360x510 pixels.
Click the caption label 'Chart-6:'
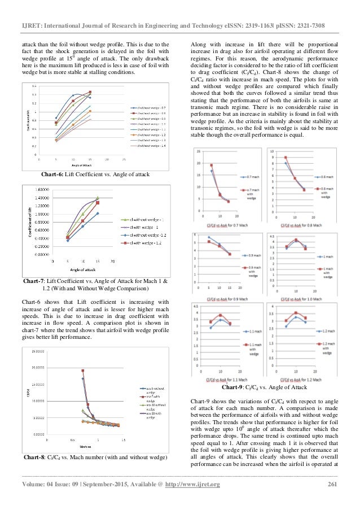47,175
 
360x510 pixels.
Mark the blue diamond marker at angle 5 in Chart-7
68,240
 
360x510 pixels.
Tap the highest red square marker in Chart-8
82,370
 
